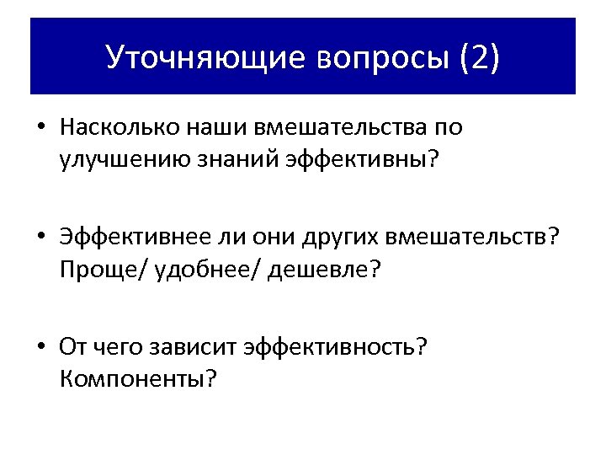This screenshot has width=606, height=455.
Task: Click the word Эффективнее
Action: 124,238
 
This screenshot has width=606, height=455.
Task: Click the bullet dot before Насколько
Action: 40,129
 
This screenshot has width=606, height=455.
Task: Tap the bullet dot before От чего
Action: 40,348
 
